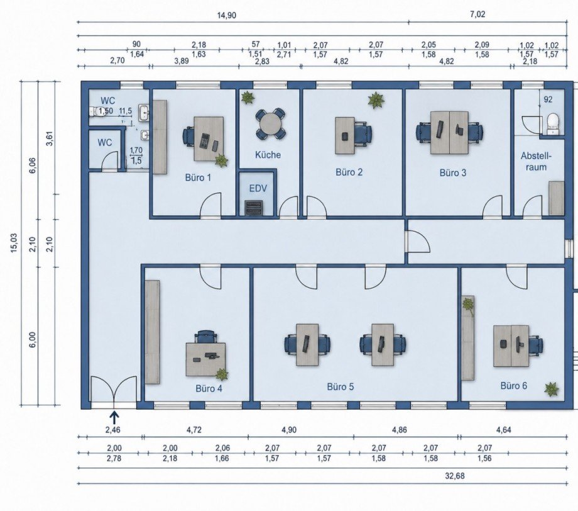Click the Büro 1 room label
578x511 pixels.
pyautogui.click(x=198, y=177)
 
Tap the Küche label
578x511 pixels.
pyautogui.click(x=268, y=155)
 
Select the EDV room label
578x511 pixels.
pyautogui.click(x=258, y=188)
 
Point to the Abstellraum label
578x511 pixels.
pyautogui.click(x=536, y=161)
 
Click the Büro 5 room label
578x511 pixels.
pyautogui.click(x=341, y=386)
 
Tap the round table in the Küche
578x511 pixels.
pyautogui.click(x=270, y=124)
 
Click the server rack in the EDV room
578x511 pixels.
pyautogui.click(x=254, y=208)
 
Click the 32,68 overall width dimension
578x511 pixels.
pyautogui.click(x=455, y=476)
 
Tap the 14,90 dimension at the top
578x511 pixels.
pyautogui.click(x=227, y=15)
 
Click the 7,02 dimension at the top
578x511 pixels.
pyautogui.click(x=477, y=14)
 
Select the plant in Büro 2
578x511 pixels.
pyautogui.click(x=376, y=100)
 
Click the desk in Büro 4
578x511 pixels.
pyautogui.click(x=205, y=359)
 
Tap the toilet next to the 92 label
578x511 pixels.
pyautogui.click(x=553, y=124)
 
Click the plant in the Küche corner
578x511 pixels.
pyautogui.click(x=248, y=98)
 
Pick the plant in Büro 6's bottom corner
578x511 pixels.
pyautogui.click(x=551, y=389)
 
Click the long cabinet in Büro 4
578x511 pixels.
pyautogui.click(x=152, y=332)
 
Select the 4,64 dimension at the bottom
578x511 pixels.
pyautogui.click(x=503, y=430)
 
